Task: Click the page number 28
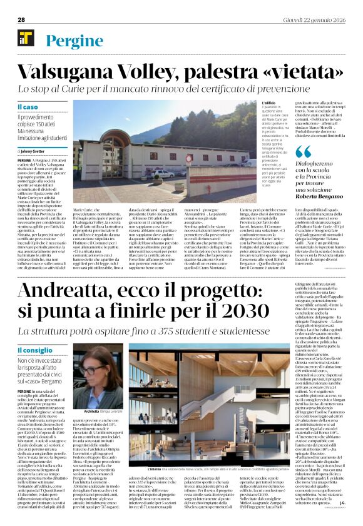pos(21,19)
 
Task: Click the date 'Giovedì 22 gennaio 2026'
pos(314,19)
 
